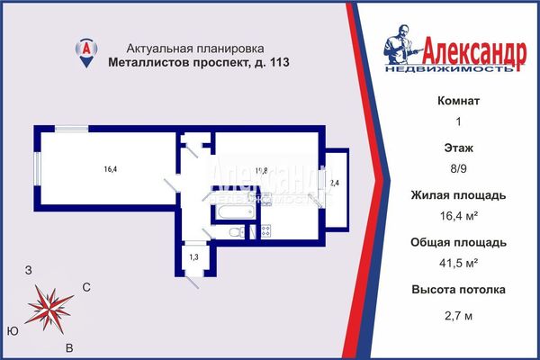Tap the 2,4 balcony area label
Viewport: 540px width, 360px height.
pos(335,184)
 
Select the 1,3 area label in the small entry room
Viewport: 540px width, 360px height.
pos(193,257)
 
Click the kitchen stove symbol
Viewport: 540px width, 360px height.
pos(265,232)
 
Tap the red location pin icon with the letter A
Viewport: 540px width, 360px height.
pos(85,50)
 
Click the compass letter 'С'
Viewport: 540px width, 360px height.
pos(86,287)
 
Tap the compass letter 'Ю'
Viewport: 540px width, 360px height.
pos(12,330)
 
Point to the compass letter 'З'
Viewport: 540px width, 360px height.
pos(29,270)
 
